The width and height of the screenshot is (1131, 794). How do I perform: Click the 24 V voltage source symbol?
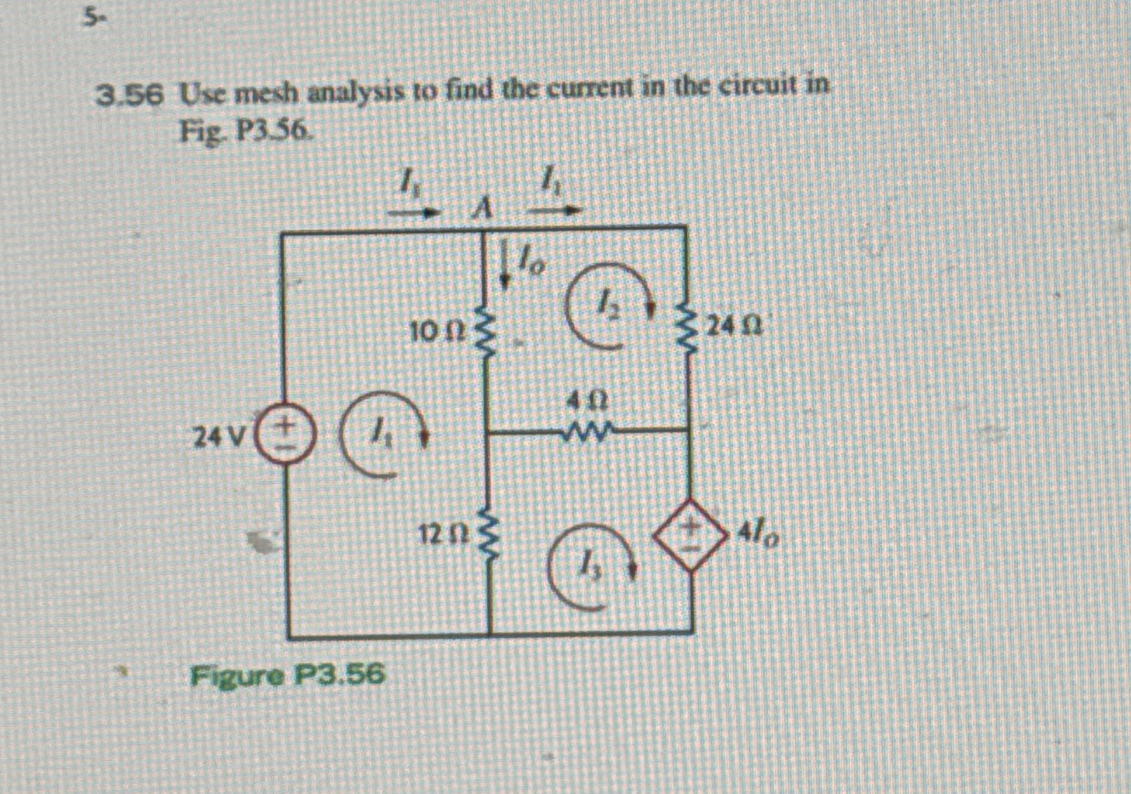click(x=285, y=436)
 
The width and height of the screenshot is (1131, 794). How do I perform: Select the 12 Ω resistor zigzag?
click(x=489, y=537)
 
